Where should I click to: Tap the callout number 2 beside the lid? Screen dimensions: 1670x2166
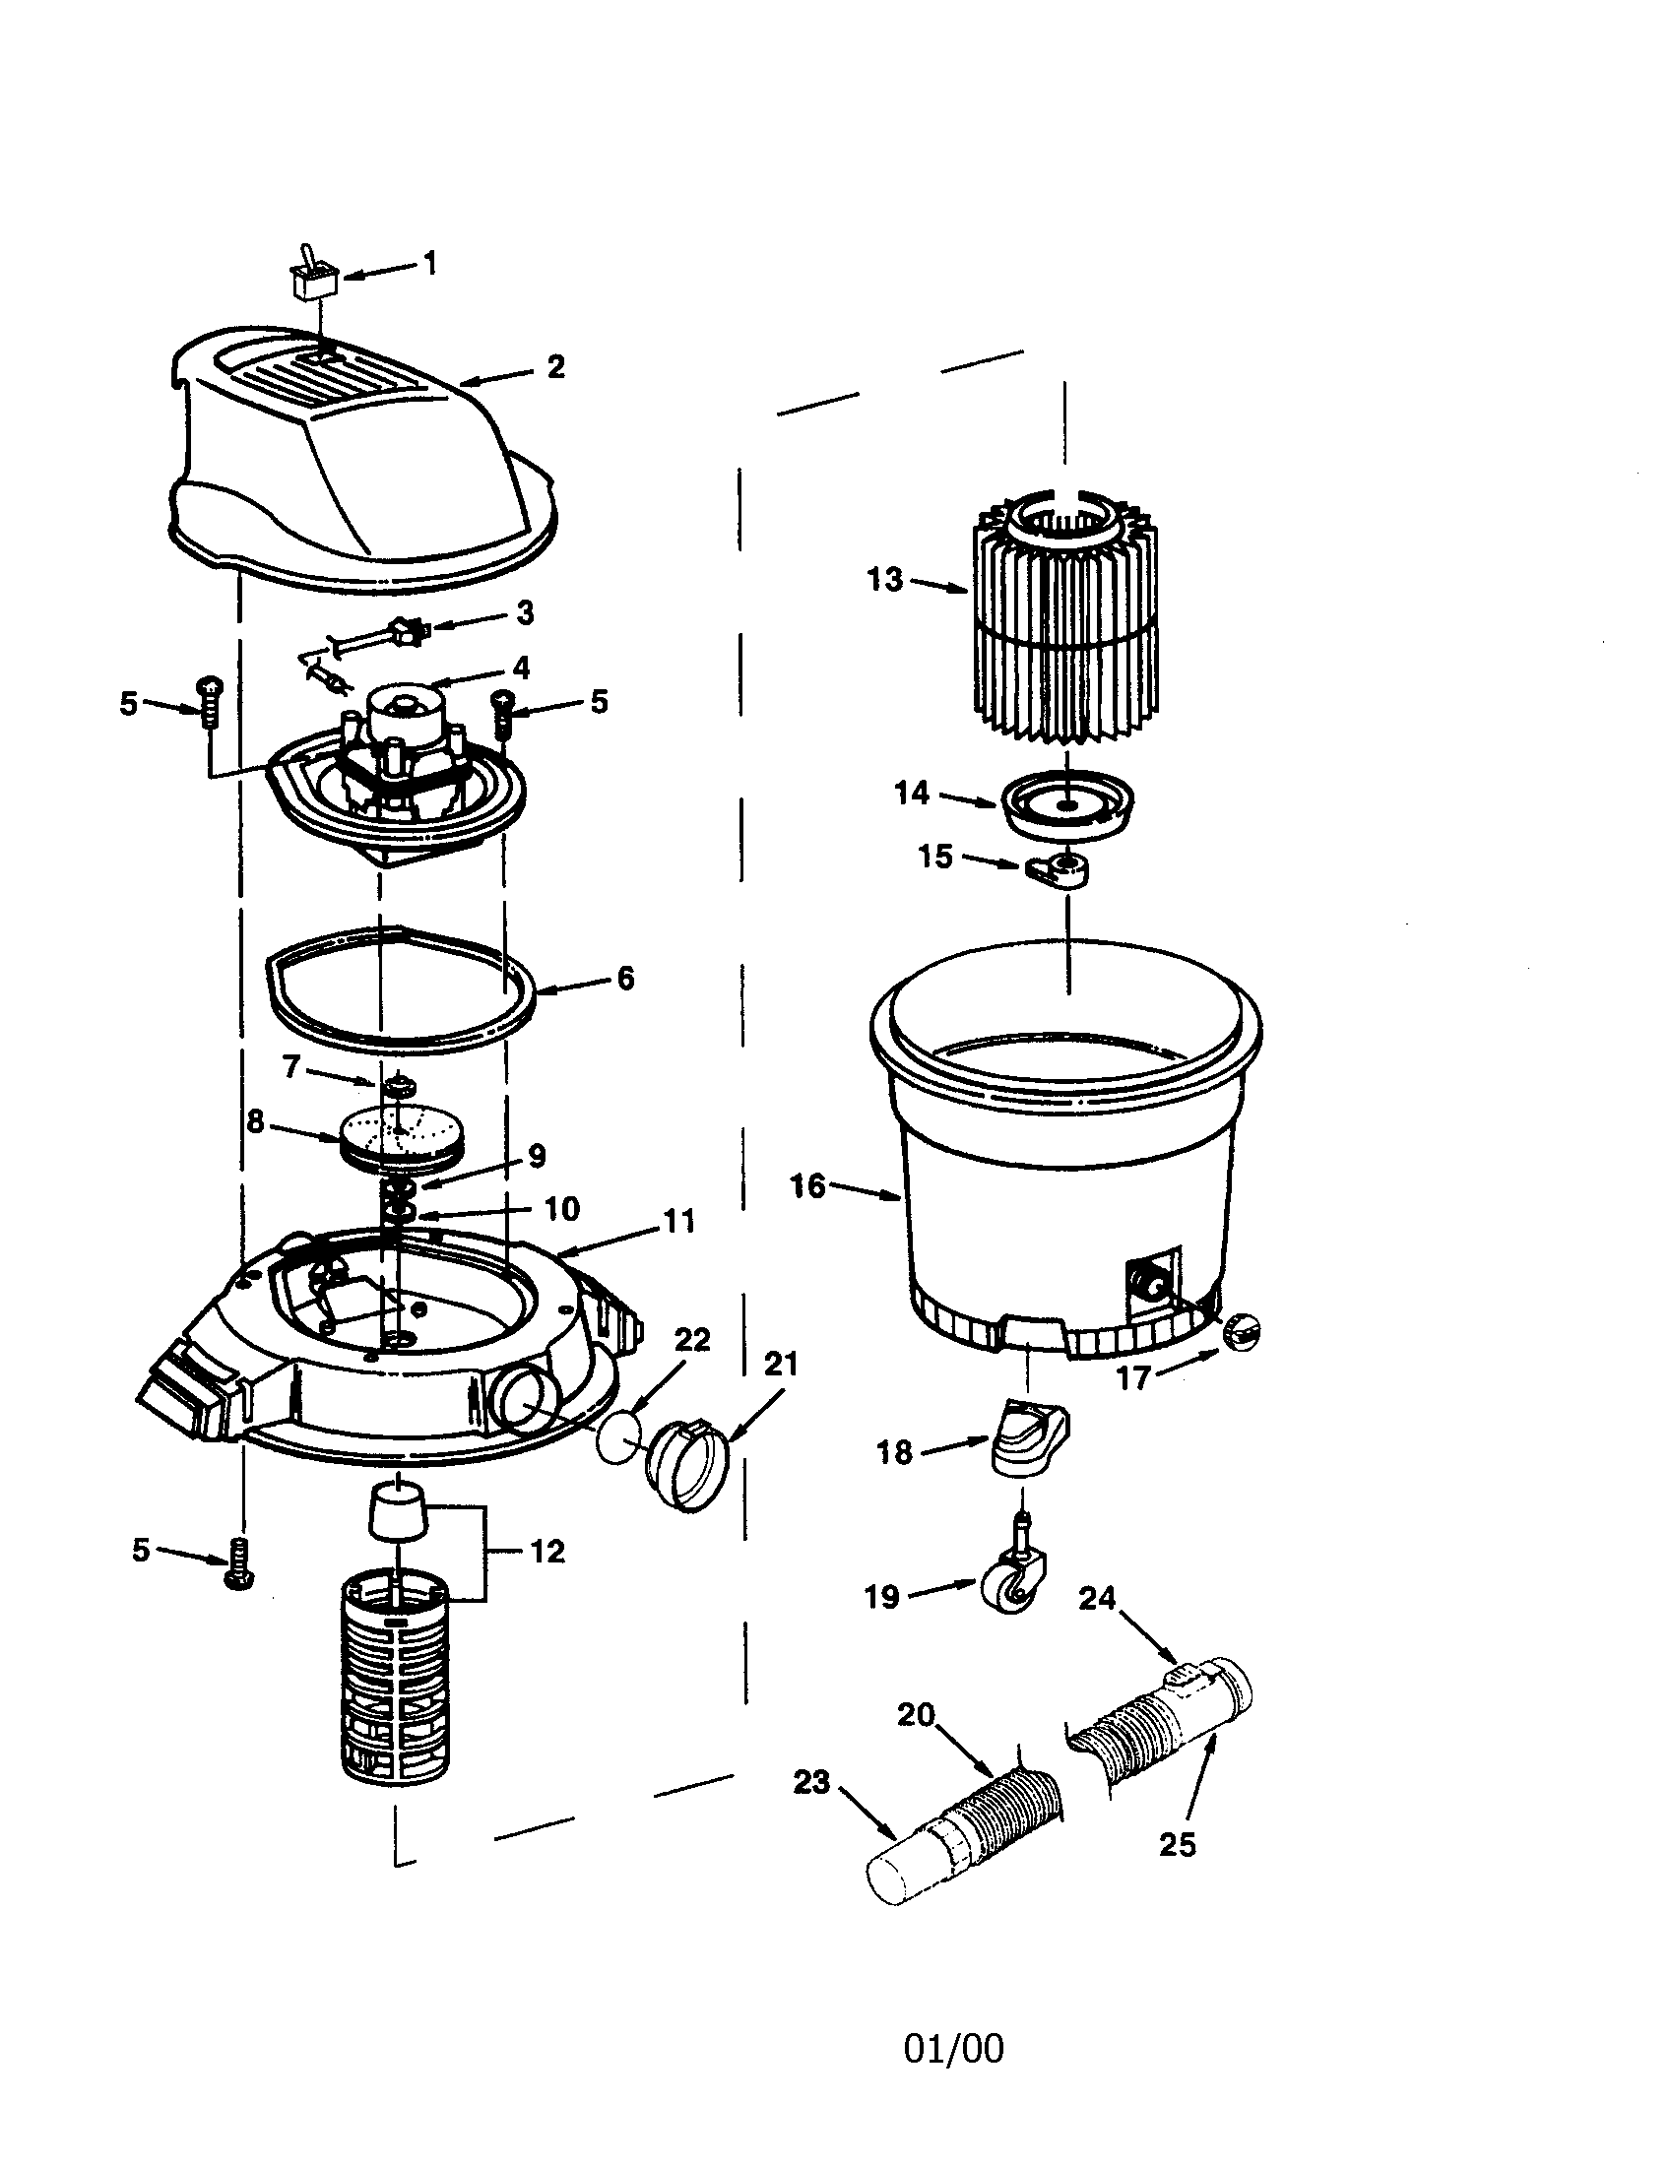coord(555,366)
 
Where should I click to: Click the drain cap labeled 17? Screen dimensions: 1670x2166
coord(1242,1329)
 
